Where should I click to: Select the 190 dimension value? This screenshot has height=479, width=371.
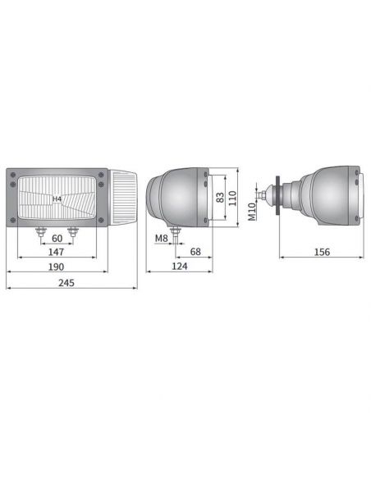point(56,268)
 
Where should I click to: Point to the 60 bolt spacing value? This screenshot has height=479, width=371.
point(57,239)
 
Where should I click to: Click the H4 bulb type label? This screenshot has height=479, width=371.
point(57,199)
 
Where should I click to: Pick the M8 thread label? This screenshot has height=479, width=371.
point(163,239)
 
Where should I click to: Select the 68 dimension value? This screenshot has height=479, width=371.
point(195,252)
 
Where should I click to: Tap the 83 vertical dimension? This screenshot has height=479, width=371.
point(219,197)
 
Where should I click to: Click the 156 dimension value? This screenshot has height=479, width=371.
point(322,252)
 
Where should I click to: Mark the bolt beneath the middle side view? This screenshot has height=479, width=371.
point(175,235)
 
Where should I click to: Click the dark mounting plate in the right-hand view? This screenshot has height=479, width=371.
point(280,194)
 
